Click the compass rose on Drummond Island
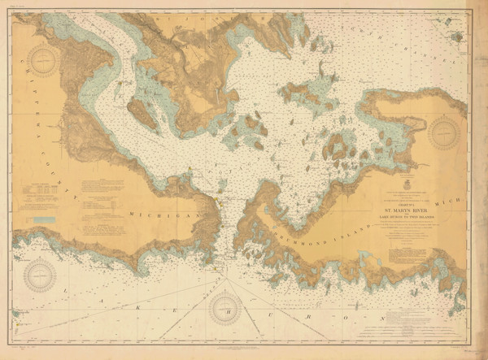tap(445, 132)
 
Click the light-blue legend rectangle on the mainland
tap(44, 219)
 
